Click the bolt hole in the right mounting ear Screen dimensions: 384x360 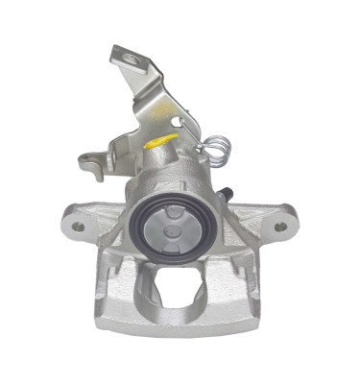280,227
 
